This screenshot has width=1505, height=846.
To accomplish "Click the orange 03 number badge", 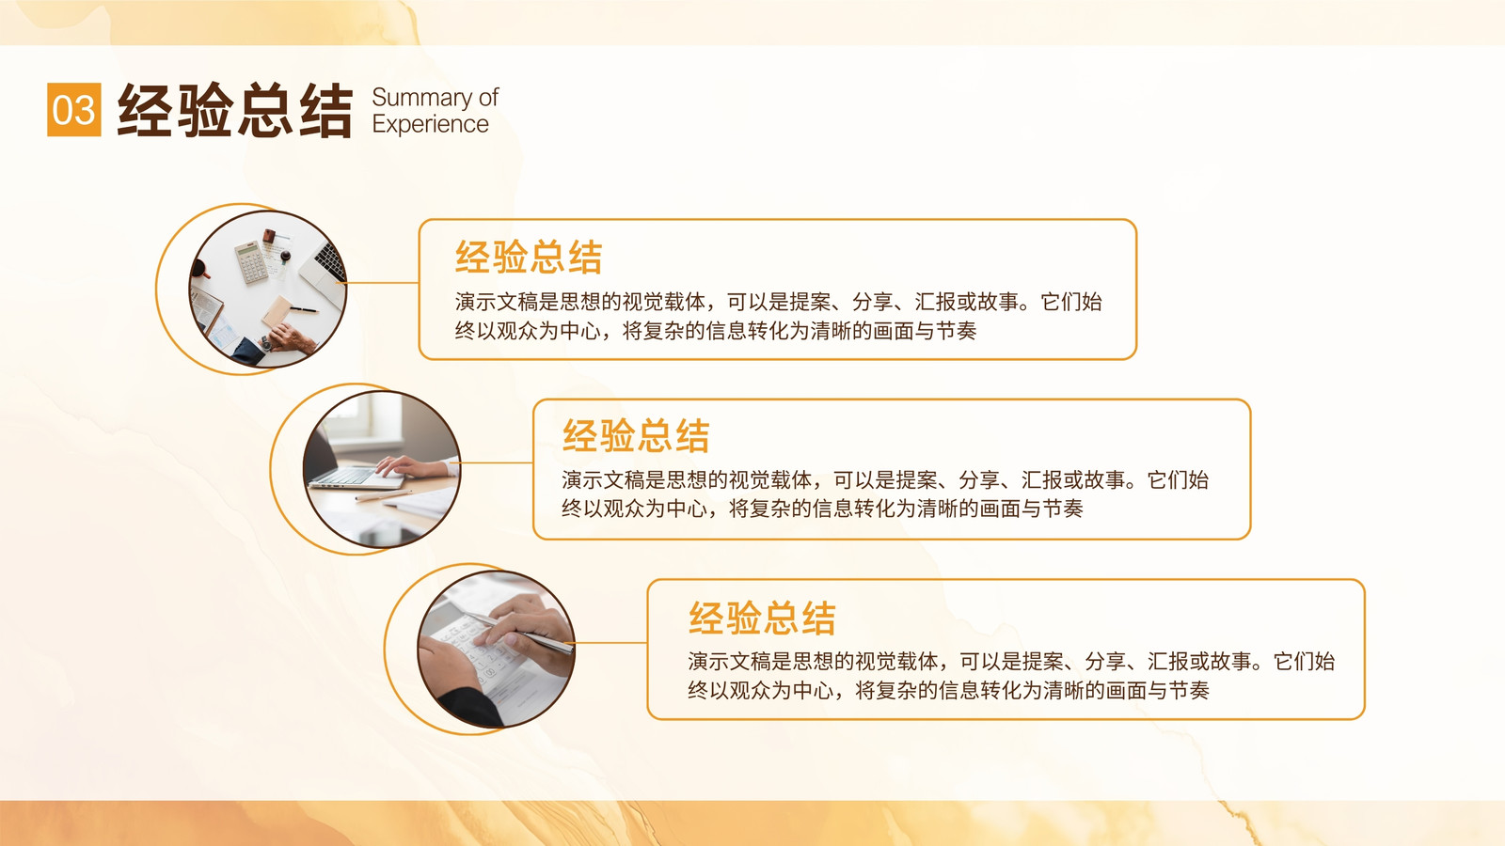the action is (x=74, y=109).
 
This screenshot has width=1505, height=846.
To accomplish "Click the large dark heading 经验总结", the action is (x=235, y=110).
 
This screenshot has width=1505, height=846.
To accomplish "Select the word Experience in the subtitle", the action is (x=430, y=124).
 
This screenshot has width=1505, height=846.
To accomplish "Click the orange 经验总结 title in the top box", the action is (x=529, y=258).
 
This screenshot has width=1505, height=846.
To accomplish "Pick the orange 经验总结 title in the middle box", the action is (x=636, y=435).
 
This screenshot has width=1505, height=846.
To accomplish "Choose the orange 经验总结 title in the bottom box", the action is (x=762, y=618).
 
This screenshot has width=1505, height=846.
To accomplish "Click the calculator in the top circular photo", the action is (x=250, y=262).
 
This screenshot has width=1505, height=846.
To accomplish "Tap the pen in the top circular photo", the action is (x=304, y=309).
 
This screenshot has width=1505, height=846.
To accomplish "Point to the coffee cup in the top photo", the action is (x=198, y=269).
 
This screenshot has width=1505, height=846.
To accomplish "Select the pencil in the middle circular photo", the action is (x=383, y=495).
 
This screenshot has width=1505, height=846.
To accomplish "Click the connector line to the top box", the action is (x=382, y=283).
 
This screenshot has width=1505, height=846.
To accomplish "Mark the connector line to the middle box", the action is (x=496, y=462).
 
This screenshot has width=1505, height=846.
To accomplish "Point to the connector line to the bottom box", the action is (x=610, y=643).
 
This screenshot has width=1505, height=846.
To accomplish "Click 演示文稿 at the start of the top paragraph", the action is (x=497, y=302).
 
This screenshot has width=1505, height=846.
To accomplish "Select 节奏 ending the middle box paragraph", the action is (x=1062, y=509).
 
